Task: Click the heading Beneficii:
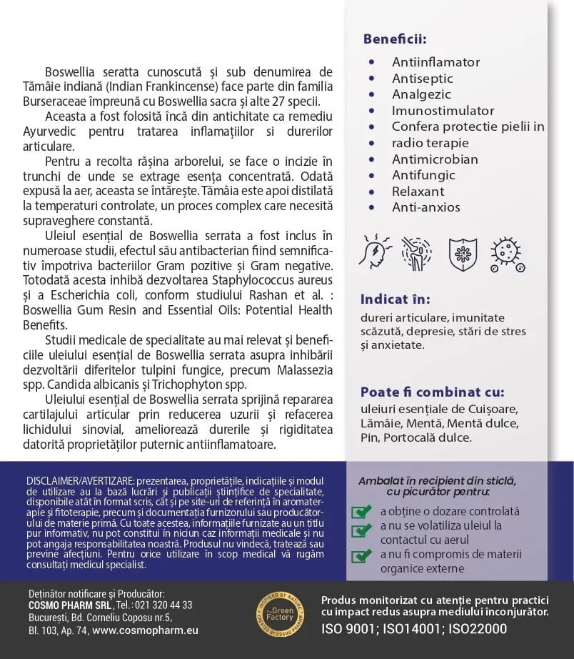pyautogui.click(x=394, y=39)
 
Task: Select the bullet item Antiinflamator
pyautogui.click(x=435, y=62)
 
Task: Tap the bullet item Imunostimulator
pyautogui.click(x=443, y=111)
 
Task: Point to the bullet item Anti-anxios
pyautogui.click(x=426, y=207)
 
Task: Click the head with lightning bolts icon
pyautogui.click(x=376, y=253)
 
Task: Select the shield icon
pyautogui.click(x=463, y=254)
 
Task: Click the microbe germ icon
pyautogui.click(x=508, y=254)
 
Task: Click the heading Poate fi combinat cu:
pyautogui.click(x=432, y=392)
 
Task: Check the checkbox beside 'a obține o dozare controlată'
pyautogui.click(x=362, y=512)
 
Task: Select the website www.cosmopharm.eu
pyautogui.click(x=145, y=630)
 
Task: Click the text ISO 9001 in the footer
pyautogui.click(x=348, y=629)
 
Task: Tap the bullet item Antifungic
pyautogui.click(x=423, y=175)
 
